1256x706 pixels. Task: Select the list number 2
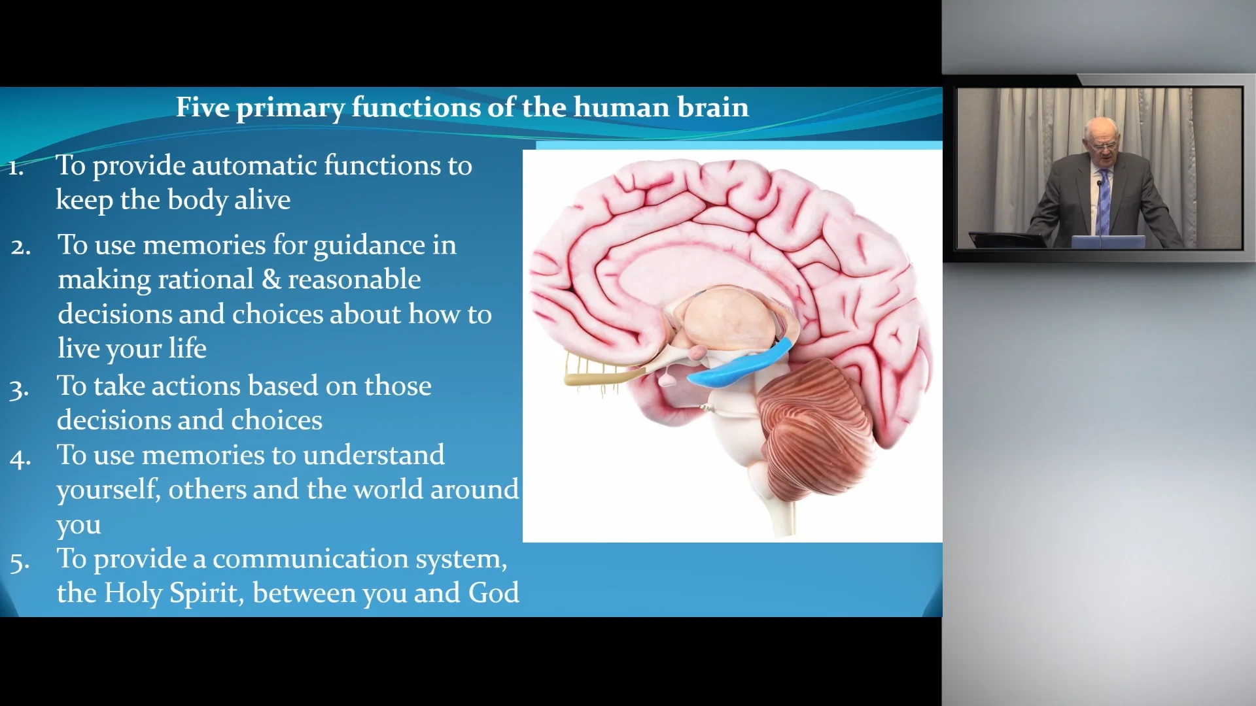(x=21, y=248)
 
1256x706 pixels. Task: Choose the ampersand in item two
(x=271, y=280)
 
